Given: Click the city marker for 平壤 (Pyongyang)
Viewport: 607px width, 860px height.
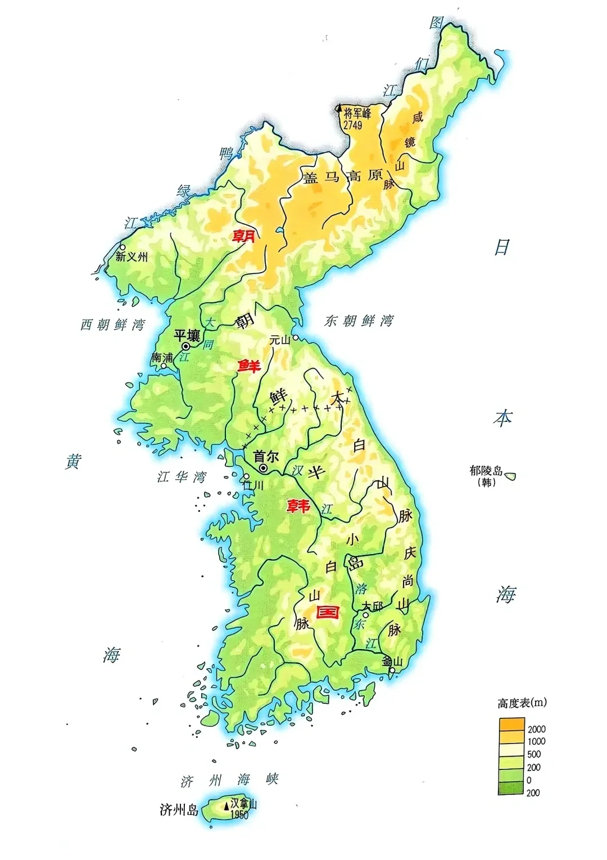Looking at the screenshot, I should [185, 346].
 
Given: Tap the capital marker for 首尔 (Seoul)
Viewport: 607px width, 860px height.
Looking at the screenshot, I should [263, 468].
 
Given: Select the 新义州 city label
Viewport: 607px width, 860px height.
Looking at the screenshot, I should [132, 257].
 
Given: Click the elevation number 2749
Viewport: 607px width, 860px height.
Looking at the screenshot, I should [352, 125].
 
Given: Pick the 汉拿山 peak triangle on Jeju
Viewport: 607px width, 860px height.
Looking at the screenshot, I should [227, 805].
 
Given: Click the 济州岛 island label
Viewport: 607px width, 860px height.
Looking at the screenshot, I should [179, 810].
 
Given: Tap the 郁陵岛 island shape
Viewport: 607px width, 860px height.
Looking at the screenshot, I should [510, 476].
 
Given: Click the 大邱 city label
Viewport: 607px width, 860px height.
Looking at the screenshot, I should [372, 606].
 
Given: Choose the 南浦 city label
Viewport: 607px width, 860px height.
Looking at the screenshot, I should [162, 357].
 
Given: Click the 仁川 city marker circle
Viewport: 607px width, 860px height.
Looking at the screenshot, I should [246, 476].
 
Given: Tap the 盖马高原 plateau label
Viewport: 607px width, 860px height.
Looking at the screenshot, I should [342, 177].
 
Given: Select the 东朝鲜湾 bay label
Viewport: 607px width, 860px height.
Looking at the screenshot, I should [359, 321].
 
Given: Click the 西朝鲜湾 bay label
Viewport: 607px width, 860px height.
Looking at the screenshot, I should [112, 325].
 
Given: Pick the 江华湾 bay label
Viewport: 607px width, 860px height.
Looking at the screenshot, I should [182, 477].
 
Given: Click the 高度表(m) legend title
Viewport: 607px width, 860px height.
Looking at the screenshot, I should [522, 703].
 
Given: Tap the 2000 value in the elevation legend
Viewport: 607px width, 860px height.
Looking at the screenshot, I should [536, 729].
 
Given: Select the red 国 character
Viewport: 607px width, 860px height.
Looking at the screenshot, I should [328, 612].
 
